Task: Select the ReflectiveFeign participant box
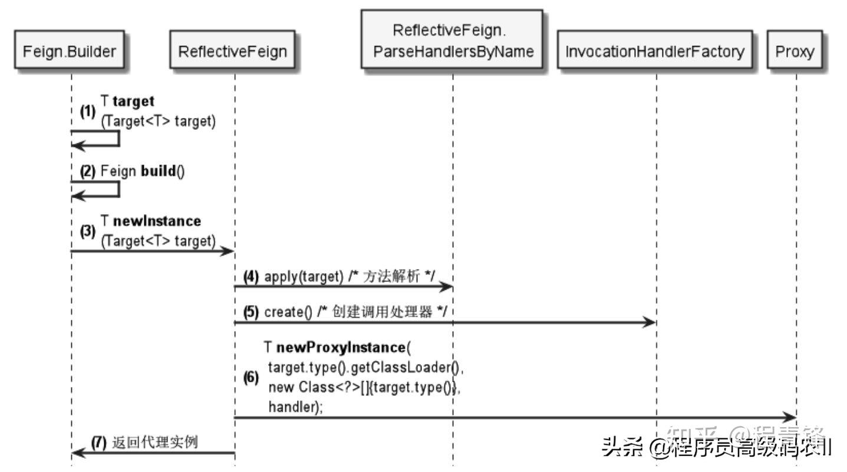coord(232,52)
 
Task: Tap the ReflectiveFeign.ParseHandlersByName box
coord(453,40)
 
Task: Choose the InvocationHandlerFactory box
coord(655,52)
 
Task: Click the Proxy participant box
coord(794,52)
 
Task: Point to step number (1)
coord(87,112)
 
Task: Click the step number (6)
coord(251,378)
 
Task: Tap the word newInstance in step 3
coord(157,221)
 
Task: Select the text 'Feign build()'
coord(142,172)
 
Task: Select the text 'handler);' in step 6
coord(295,407)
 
